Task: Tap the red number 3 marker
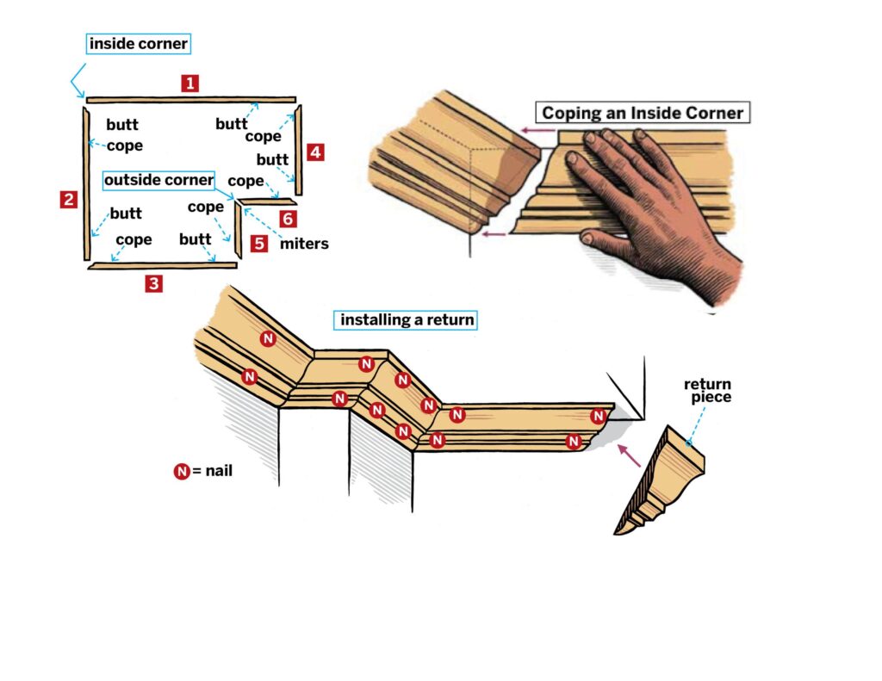153,283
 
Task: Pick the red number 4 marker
315,152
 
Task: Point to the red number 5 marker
259,243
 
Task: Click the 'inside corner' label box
138,43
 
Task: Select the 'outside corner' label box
158,180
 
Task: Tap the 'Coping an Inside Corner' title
642,113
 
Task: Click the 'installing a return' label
407,320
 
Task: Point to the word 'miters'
304,244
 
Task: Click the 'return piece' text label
707,390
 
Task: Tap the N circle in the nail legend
182,471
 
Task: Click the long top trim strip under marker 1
190,100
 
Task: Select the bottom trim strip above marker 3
162,265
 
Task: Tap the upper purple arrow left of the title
537,132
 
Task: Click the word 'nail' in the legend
219,471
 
